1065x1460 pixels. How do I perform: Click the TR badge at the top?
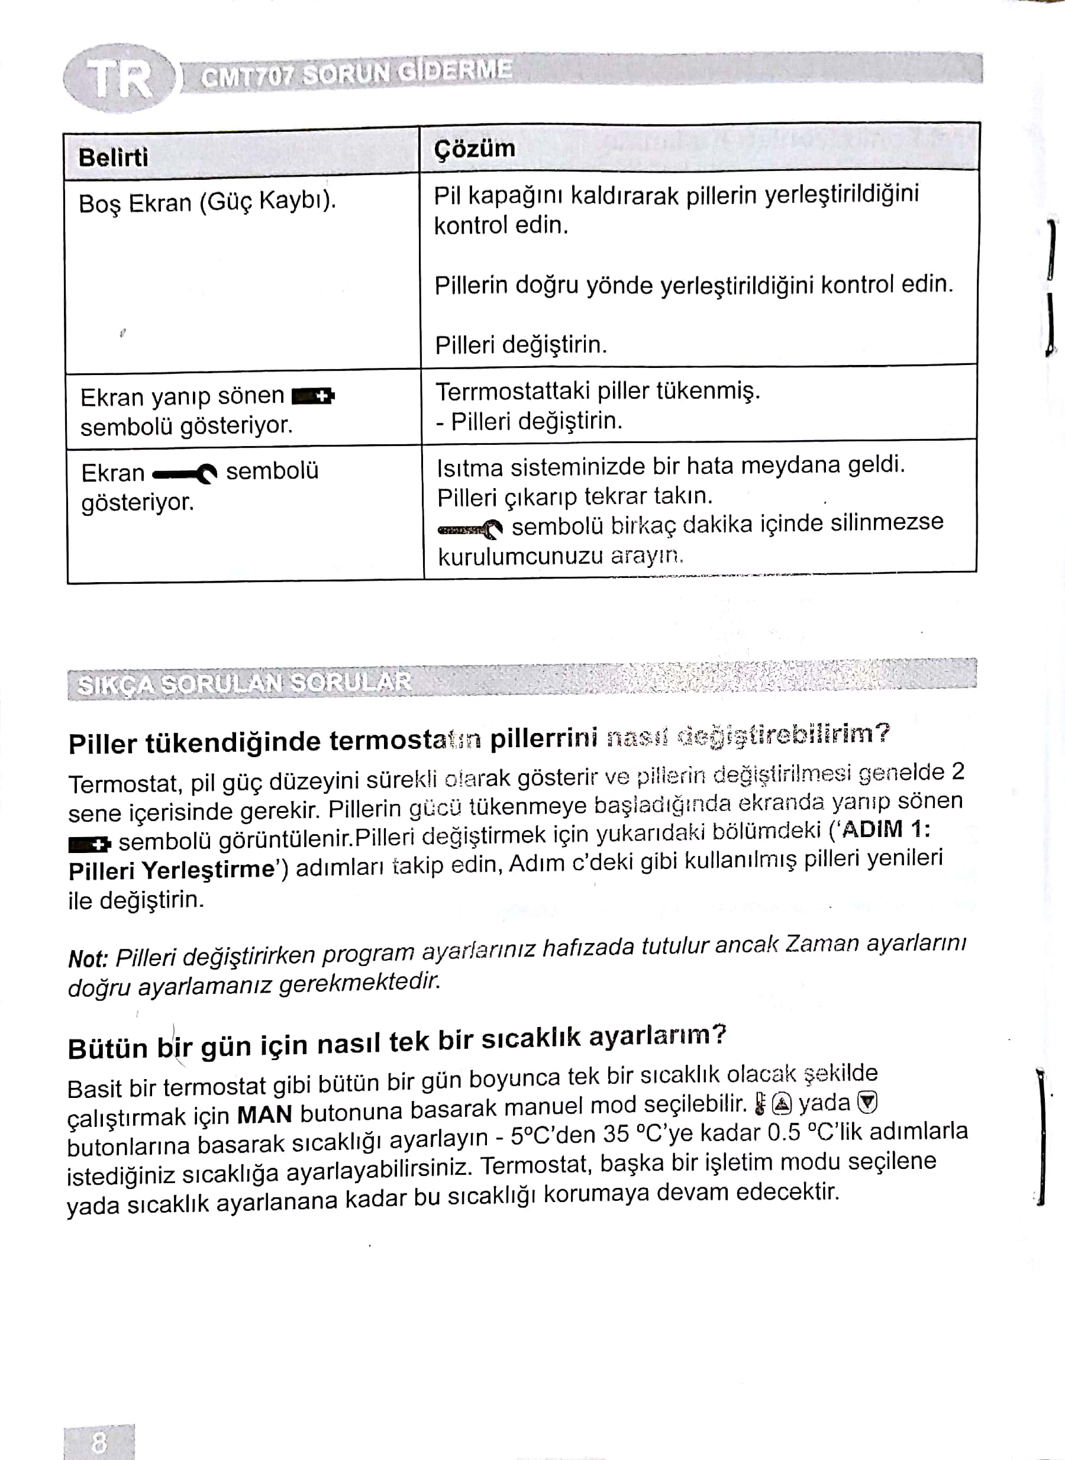(x=120, y=79)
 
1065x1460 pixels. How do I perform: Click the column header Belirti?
(x=113, y=157)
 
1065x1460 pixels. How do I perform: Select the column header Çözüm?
(x=475, y=148)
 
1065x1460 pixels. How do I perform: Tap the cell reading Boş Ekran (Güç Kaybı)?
(x=207, y=202)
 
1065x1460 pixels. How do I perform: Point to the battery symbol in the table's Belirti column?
(x=314, y=396)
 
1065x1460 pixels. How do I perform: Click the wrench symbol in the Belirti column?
(x=185, y=474)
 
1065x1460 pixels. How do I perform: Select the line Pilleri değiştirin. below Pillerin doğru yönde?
(x=521, y=345)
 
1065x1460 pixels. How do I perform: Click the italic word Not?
(x=88, y=958)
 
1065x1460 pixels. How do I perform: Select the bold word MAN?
(x=264, y=1114)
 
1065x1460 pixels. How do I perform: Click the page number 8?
(x=99, y=1442)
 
